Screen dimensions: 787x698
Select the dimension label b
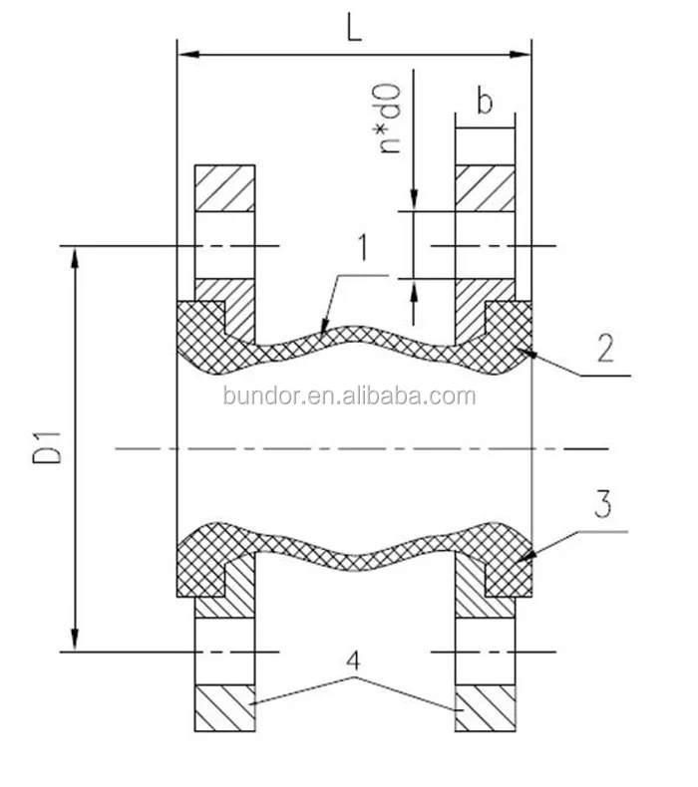(484, 101)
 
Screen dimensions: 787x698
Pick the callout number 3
(601, 505)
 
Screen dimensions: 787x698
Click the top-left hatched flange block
(224, 187)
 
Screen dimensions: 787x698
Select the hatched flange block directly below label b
(486, 187)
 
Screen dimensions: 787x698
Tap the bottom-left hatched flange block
(224, 709)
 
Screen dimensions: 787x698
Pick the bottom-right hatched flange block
(486, 709)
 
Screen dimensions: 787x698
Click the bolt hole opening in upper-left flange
(224, 245)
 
